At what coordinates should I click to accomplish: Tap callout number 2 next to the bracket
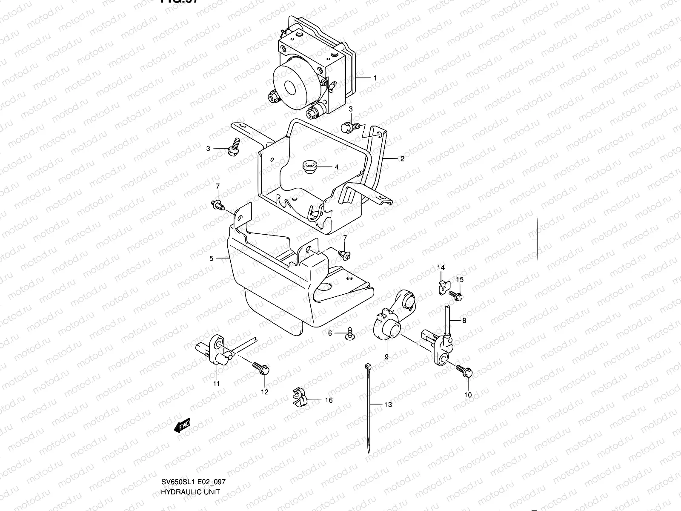tap(402, 158)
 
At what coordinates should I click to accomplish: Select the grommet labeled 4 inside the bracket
tap(307, 166)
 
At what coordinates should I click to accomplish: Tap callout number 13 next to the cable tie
tap(388, 405)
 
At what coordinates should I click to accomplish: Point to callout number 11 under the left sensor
tap(216, 384)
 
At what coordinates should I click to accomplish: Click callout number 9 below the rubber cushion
tap(386, 357)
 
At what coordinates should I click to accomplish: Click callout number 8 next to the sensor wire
tap(464, 321)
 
